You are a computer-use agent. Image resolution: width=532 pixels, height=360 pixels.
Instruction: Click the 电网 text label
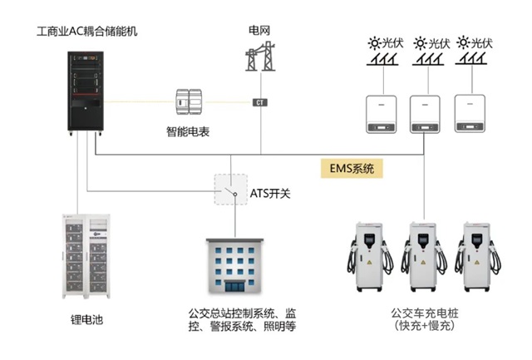(x=259, y=32)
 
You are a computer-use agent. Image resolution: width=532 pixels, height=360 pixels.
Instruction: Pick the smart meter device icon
(x=189, y=101)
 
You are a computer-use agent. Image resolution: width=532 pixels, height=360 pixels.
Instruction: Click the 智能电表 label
(x=188, y=131)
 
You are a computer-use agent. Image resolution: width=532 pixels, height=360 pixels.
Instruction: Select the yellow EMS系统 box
(x=352, y=168)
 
